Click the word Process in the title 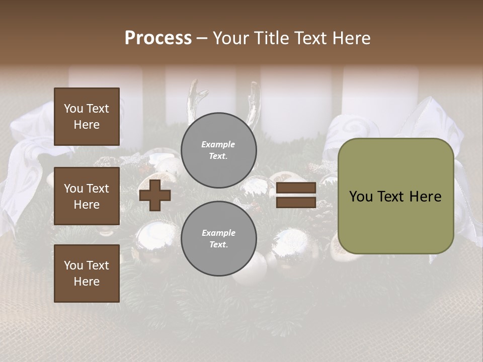[x=158, y=38]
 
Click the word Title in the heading [x=271, y=38]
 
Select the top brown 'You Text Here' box [x=87, y=117]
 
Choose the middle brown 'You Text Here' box [x=87, y=196]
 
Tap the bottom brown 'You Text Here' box [x=87, y=273]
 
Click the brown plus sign [x=155, y=195]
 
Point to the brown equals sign [x=296, y=195]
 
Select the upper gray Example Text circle [x=219, y=150]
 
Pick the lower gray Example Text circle [x=219, y=238]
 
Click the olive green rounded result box [x=395, y=196]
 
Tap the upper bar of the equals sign [x=296, y=188]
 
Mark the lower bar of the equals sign [x=296, y=202]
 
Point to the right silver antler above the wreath [x=254, y=101]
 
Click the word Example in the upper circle [x=218, y=144]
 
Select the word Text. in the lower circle [x=218, y=244]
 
